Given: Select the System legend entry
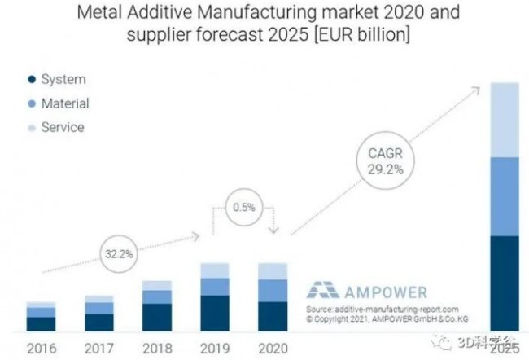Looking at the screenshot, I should [x=62, y=79].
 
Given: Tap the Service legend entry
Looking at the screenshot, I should [x=61, y=127].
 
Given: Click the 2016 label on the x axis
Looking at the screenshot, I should [x=41, y=348].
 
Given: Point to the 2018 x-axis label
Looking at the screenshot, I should [x=157, y=348].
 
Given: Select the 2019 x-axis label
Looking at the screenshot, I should [x=214, y=348].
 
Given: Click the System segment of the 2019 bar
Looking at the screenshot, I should [x=214, y=313].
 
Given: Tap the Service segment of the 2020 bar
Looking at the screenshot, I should [x=272, y=271].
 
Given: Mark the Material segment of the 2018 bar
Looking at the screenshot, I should [x=157, y=297].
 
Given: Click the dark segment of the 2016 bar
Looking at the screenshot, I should [x=41, y=323].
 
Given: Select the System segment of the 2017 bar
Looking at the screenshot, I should [x=99, y=322].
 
